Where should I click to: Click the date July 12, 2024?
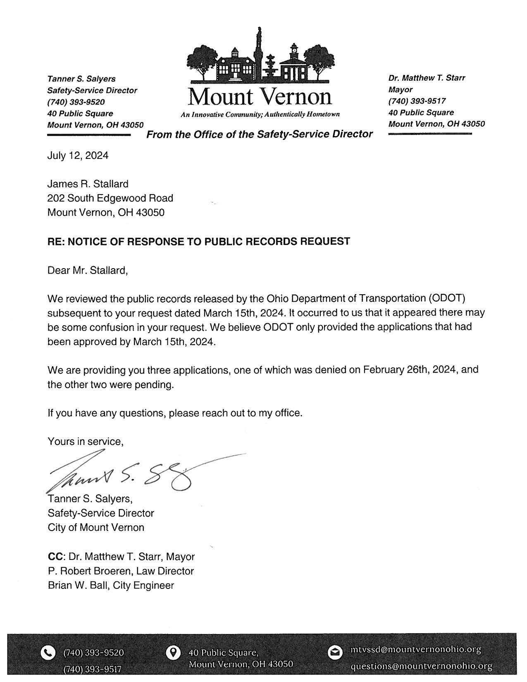coord(78,156)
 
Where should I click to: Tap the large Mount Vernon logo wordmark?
coord(260,96)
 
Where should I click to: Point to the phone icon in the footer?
coord(49,653)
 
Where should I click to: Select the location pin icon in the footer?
coord(174,653)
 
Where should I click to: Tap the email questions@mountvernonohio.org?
coord(421,666)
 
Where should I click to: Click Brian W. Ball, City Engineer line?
coord(111,585)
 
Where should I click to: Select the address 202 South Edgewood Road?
coord(110,198)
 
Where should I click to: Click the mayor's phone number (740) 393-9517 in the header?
coord(417,101)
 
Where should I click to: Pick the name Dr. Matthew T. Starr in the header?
coord(427,78)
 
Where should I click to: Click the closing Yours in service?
coord(86,442)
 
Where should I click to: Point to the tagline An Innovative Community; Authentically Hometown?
coord(260,115)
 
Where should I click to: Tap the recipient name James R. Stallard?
coord(88,184)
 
